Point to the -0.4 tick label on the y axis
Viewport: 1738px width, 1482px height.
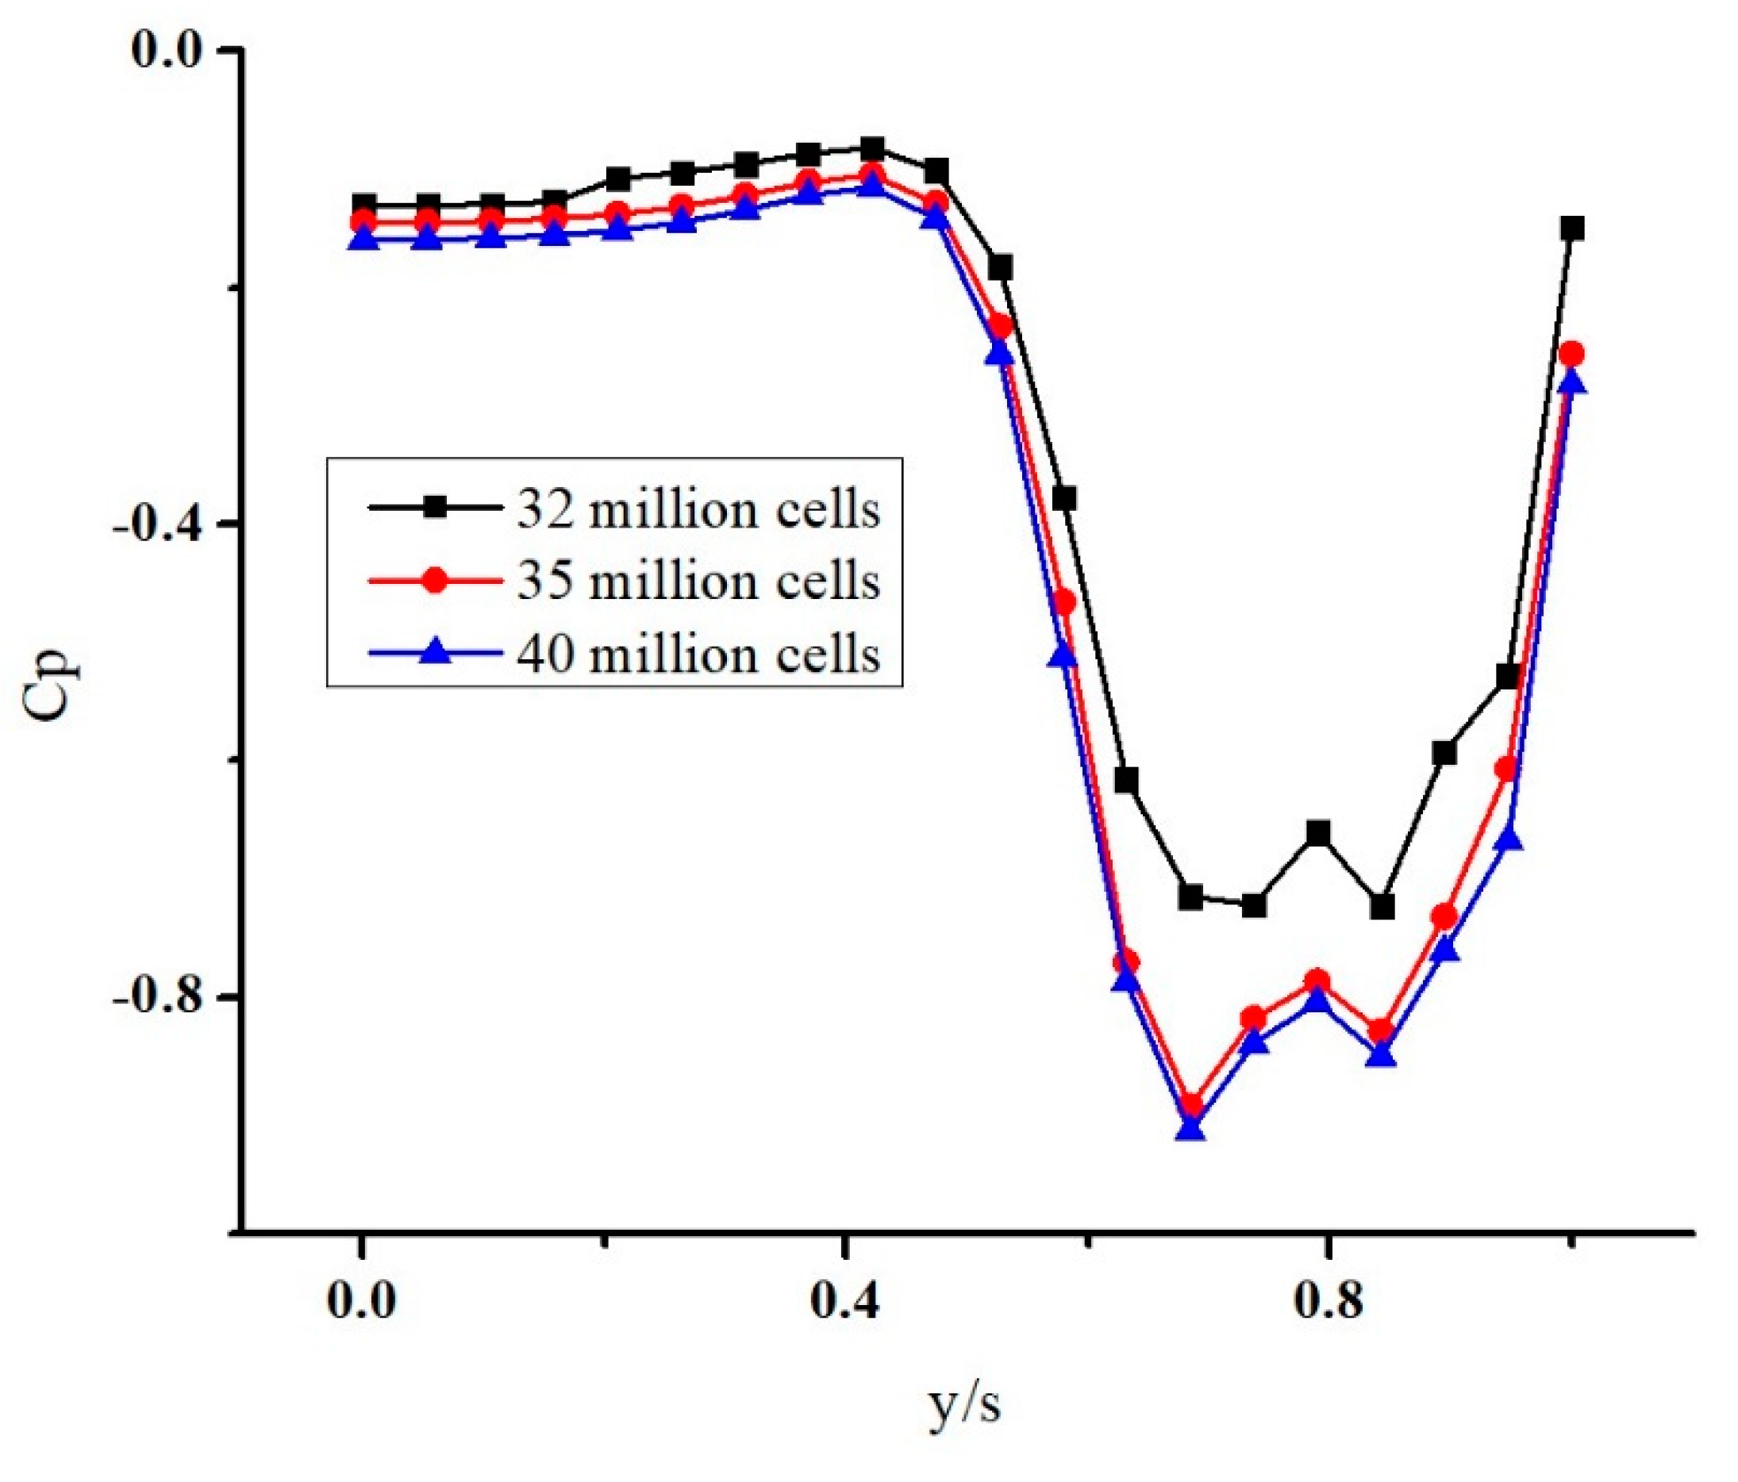pos(165,525)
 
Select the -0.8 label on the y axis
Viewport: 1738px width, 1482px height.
pos(165,999)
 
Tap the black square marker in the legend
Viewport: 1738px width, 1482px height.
pos(435,507)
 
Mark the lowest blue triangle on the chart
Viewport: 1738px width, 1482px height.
pos(1190,1129)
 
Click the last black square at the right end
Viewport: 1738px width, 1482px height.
pos(1573,228)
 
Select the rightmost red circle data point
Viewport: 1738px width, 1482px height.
pos(1572,354)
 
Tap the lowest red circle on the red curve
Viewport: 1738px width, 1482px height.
pos(1190,1104)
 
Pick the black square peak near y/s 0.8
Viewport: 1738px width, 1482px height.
pos(1319,833)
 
